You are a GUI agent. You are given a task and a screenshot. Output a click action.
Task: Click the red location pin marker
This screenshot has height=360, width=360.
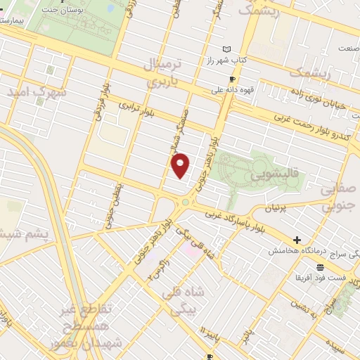[181, 165]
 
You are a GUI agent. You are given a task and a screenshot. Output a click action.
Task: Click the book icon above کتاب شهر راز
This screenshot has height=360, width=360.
[226, 49]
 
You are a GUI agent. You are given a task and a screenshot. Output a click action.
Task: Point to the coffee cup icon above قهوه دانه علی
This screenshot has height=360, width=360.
[232, 79]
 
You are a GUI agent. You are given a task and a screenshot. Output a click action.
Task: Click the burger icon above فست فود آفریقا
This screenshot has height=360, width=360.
[321, 267]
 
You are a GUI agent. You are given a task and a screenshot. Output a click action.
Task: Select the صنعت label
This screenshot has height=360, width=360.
[345, 49]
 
